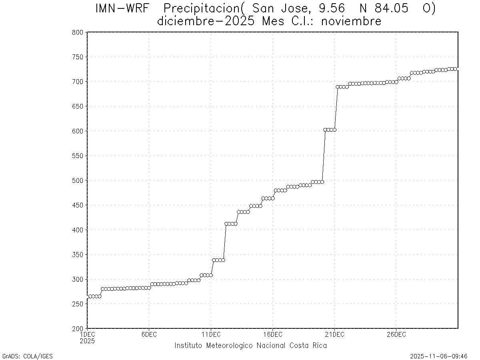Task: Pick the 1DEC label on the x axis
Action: click(x=87, y=334)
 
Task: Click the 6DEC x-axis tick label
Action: click(x=149, y=334)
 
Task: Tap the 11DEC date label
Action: click(x=211, y=334)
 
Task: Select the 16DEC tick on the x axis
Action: click(x=272, y=334)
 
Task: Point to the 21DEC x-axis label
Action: click(x=334, y=334)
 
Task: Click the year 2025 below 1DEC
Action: click(x=87, y=341)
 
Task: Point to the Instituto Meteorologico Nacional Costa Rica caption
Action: click(x=250, y=346)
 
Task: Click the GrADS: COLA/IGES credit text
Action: click(x=28, y=356)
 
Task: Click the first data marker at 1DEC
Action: click(x=88, y=296)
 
